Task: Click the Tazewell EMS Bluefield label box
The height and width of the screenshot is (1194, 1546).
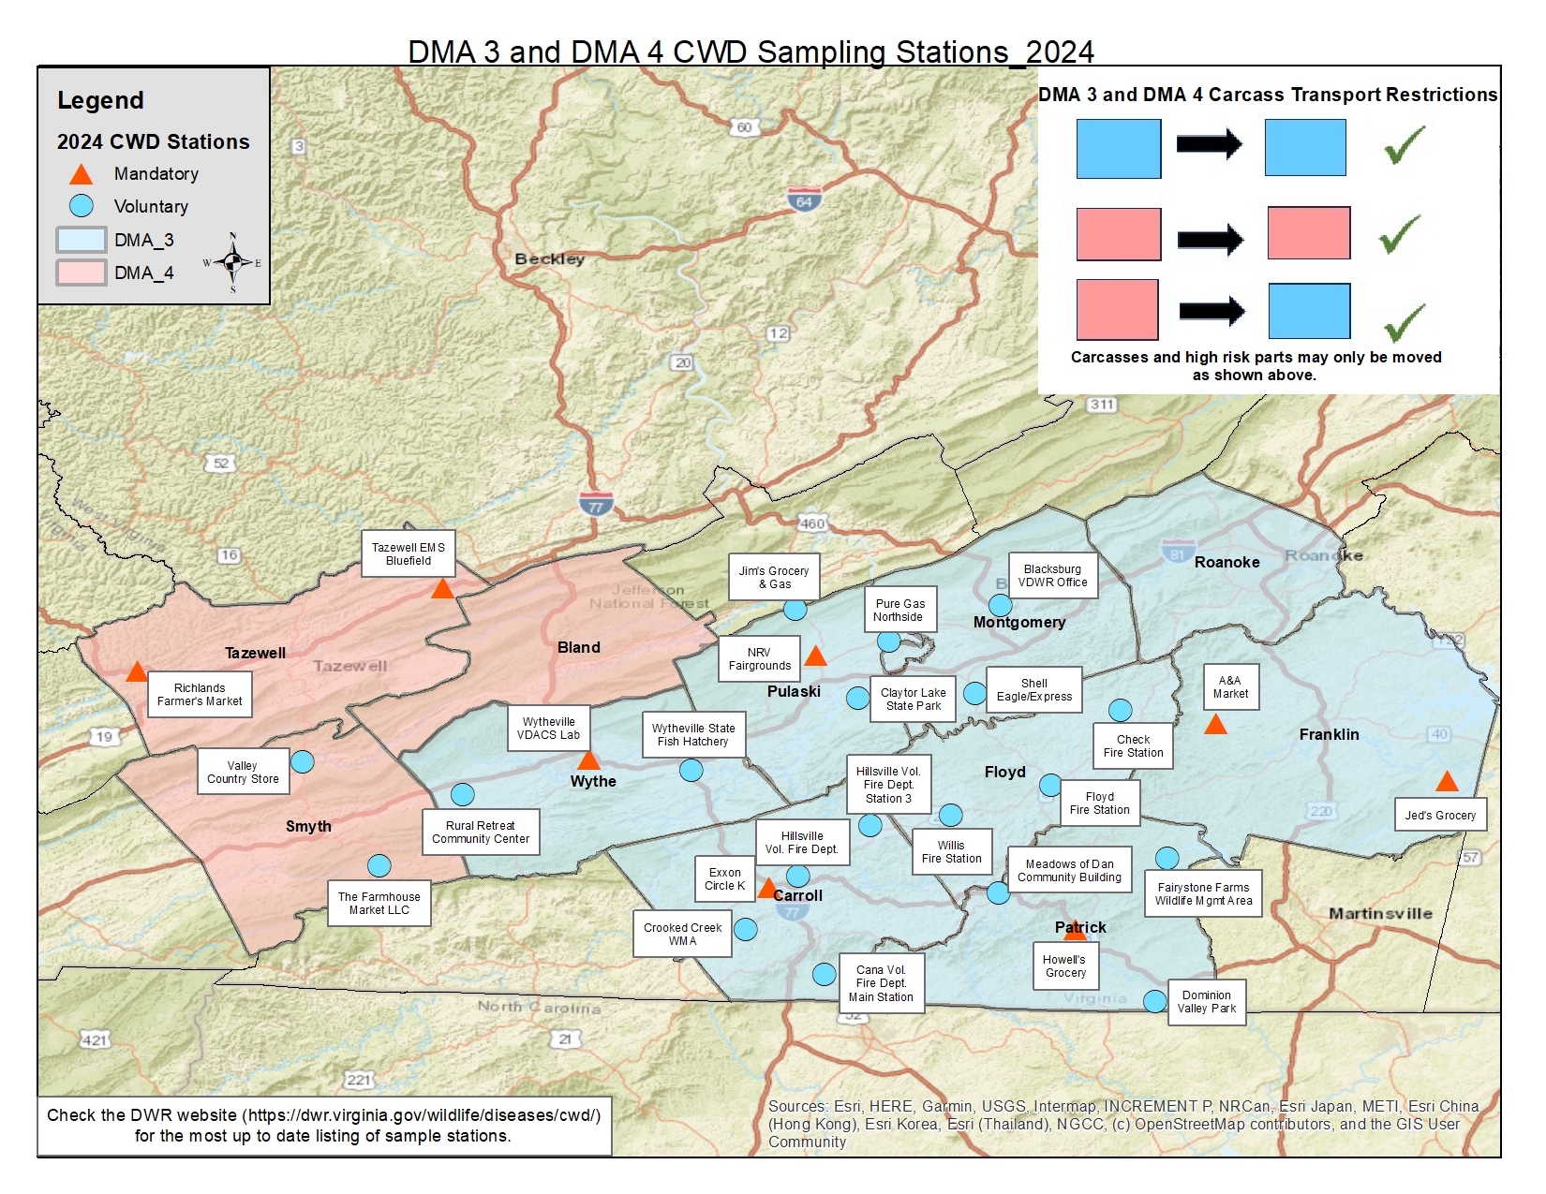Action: point(408,554)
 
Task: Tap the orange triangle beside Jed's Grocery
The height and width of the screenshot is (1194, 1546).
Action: point(1447,782)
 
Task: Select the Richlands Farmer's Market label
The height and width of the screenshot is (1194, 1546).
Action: point(200,694)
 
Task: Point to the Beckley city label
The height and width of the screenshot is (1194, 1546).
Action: point(549,258)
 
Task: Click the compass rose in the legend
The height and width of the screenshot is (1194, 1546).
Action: point(232,262)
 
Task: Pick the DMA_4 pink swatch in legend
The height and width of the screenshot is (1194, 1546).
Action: point(81,273)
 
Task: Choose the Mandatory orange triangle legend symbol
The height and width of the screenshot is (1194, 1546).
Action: point(82,174)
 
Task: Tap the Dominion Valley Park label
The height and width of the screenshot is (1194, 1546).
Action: point(1206,1002)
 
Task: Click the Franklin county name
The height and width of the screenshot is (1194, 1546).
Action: point(1328,734)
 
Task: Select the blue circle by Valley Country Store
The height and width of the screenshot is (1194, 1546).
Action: point(302,761)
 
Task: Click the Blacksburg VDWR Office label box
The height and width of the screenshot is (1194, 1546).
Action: point(1052,576)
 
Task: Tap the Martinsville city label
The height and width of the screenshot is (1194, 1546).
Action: point(1379,913)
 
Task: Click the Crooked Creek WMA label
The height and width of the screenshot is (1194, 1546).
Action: point(682,934)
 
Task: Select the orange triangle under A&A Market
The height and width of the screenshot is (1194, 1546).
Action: point(1215,725)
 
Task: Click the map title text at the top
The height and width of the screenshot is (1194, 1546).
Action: point(751,52)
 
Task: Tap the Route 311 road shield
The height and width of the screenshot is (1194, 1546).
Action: point(1102,405)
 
